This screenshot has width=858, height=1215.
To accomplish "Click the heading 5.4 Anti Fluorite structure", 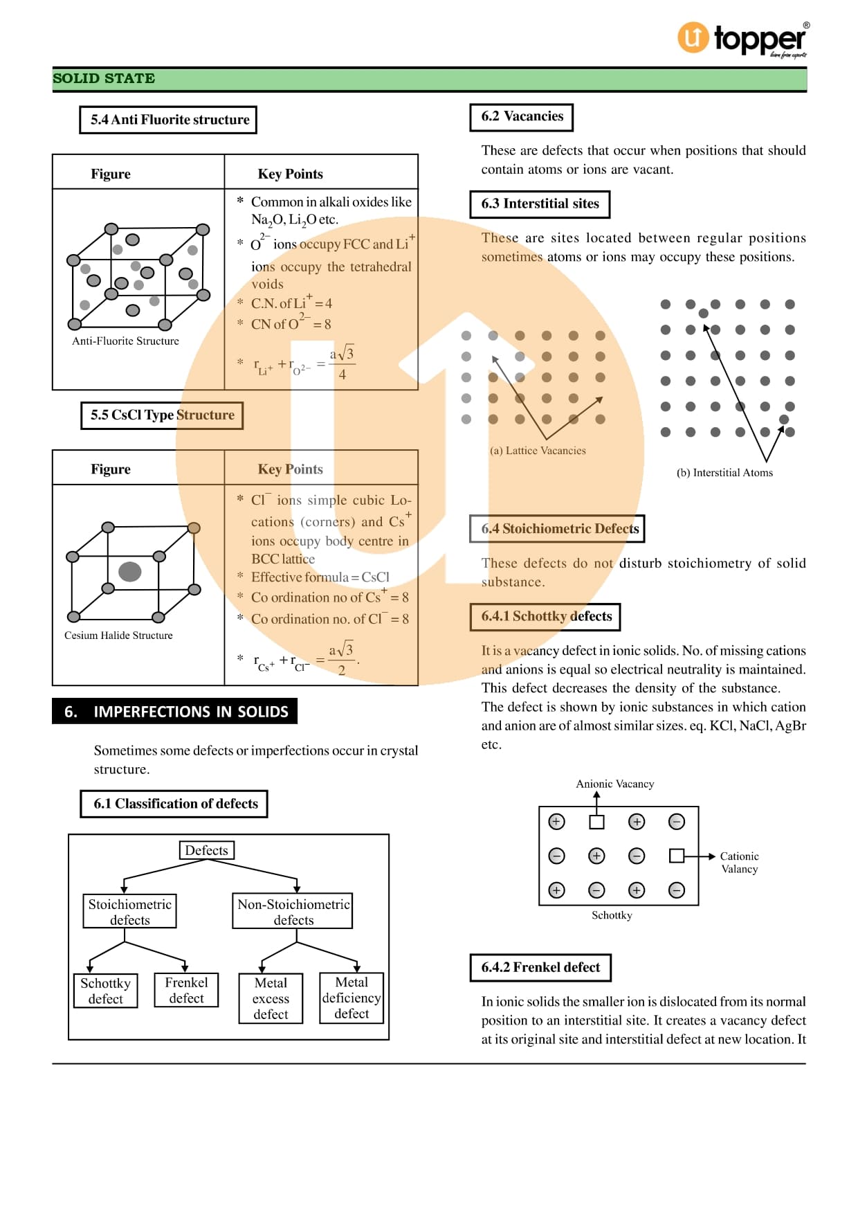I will pyautogui.click(x=169, y=120).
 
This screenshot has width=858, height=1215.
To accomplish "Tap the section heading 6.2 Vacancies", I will pyautogui.click(x=522, y=116).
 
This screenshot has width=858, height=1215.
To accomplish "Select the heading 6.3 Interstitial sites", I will pyautogui.click(x=540, y=204).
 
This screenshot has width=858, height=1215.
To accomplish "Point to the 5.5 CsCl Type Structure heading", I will pyautogui.click(x=162, y=415).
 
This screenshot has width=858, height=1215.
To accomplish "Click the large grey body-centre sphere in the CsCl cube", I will pyautogui.click(x=130, y=572).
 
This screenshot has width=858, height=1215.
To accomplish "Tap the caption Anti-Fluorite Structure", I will pyautogui.click(x=125, y=341).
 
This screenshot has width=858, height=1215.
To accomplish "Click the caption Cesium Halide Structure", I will pyautogui.click(x=118, y=636).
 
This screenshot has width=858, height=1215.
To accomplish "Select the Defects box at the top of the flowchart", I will pyautogui.click(x=206, y=850).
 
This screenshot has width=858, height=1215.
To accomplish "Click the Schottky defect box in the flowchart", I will pyautogui.click(x=105, y=991).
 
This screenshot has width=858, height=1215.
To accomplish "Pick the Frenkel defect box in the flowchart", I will pyautogui.click(x=186, y=990).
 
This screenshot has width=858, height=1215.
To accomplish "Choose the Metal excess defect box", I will pyautogui.click(x=271, y=998).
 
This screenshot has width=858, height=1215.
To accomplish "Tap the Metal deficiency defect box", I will pyautogui.click(x=352, y=998).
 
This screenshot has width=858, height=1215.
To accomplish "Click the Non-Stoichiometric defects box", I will pyautogui.click(x=293, y=911).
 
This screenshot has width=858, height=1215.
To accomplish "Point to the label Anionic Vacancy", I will pyautogui.click(x=614, y=784).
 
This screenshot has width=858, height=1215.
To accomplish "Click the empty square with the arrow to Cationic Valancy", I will pyautogui.click(x=677, y=856).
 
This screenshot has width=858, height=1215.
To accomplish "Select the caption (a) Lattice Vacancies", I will pyautogui.click(x=538, y=451).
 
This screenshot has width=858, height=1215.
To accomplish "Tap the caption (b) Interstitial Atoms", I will pyautogui.click(x=724, y=473).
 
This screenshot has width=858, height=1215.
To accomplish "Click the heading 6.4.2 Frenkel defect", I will pyautogui.click(x=540, y=967).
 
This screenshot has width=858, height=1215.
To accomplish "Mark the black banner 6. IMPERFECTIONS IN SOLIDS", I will pyautogui.click(x=175, y=712).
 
